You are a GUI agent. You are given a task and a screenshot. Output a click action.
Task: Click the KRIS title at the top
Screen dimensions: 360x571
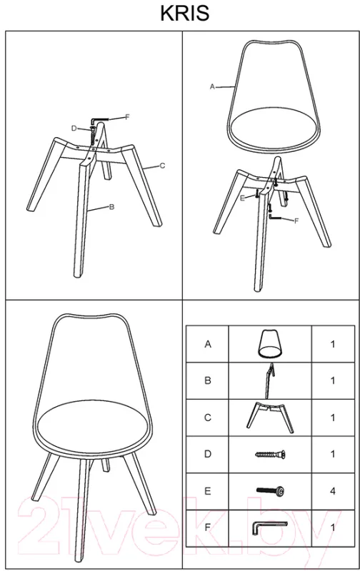pos(185,14)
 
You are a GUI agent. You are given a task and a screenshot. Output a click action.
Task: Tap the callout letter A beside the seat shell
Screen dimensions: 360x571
pos(213,86)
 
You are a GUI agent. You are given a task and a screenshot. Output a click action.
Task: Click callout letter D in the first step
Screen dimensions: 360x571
pos(74,128)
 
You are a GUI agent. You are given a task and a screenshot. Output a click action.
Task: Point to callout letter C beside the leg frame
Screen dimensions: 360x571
pos(162,166)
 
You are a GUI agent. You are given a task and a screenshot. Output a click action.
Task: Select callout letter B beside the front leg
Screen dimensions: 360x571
pos(112,207)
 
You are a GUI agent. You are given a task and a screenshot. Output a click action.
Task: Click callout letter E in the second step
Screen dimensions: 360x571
pos(243,198)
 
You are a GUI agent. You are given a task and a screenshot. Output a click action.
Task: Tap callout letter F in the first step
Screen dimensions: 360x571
pos(127,117)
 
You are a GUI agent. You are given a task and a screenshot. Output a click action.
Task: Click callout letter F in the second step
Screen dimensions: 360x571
pos(296,221)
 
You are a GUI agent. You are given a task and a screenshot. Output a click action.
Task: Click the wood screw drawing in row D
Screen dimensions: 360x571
pos(270,454)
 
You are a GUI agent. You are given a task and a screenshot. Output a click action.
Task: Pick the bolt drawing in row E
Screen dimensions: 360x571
pos(270,491)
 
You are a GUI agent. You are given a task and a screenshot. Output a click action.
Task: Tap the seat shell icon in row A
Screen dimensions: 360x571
pos(270,344)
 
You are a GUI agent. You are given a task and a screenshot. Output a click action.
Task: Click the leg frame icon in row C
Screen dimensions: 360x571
pos(269,418)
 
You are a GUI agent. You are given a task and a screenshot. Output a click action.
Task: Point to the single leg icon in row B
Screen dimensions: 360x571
pos(269,380)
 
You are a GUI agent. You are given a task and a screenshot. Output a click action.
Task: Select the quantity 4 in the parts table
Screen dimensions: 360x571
pos(332,491)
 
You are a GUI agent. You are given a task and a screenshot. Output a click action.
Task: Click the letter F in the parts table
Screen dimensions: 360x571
pos(208,527)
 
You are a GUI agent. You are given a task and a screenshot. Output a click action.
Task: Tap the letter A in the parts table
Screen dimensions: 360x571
pos(208,344)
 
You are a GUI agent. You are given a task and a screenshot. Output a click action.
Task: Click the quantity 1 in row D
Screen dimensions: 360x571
pos(332,454)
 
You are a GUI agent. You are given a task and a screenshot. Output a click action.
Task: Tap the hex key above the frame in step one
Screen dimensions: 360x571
pos(99,120)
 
